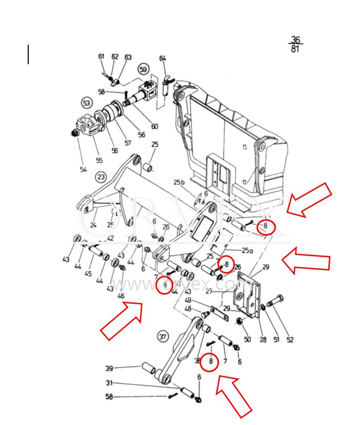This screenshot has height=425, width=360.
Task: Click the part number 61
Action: coord(101,56)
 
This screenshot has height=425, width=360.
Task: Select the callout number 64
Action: coord(163,59)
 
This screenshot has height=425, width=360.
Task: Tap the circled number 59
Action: coord(143,69)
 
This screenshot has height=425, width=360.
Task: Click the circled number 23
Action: coord(101,177)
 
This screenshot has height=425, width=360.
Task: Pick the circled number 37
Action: coord(163,337)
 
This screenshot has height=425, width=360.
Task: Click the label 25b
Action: coord(178,182)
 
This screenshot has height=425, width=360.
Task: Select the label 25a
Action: coord(248,250)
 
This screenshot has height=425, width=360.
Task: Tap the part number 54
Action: coord(83,169)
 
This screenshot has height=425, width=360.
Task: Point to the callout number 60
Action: coord(154,126)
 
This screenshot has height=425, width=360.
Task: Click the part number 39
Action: coord(109,369)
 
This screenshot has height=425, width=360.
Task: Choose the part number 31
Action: coord(109,383)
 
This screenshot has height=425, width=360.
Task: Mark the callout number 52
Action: coord(290,339)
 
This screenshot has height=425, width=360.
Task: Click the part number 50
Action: coord(247,339)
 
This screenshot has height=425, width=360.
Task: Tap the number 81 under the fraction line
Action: coord(295,50)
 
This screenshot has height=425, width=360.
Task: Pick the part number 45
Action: coord(88,274)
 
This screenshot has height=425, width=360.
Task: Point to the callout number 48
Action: coord(188,309)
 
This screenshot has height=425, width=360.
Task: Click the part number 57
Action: coord(128,143)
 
